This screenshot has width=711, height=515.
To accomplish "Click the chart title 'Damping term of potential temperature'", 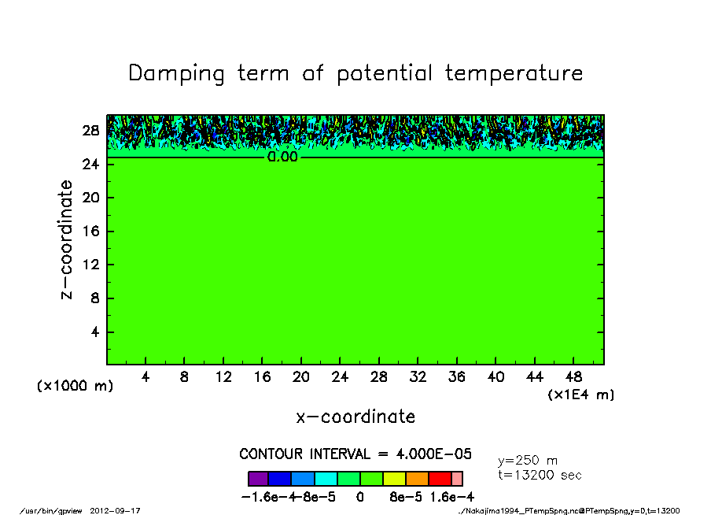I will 355,73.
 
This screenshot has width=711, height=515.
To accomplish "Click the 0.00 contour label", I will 282,157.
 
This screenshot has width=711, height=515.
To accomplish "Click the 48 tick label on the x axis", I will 573,377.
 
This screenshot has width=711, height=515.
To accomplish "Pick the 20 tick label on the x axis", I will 301,377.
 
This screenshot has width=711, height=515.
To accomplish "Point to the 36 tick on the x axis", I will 457,377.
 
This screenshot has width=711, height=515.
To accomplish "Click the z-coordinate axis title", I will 67,239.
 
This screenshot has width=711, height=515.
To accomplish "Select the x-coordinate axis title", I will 355,417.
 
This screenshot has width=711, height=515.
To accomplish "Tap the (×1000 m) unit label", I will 76,386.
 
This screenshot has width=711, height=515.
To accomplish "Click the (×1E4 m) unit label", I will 581,395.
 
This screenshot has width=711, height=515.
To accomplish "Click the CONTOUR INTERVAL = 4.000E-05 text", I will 355,454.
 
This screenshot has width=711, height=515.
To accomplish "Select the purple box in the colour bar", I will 258,478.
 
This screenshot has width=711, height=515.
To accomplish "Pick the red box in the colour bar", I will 440,478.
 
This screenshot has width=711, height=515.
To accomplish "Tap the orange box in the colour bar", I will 417,478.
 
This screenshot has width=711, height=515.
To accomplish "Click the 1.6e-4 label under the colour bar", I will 451,497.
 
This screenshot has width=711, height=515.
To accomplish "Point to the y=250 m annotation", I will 528,460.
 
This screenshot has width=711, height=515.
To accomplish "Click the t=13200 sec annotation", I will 540,475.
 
